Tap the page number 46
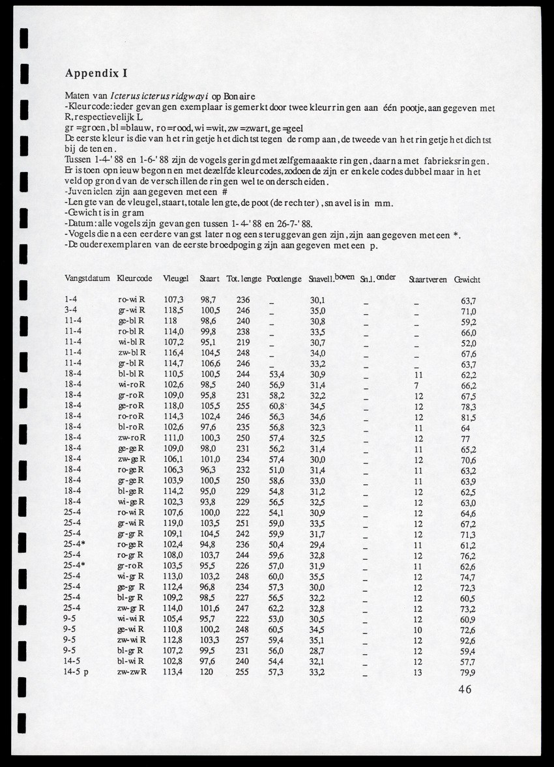click(465, 689)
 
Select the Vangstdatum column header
click(87, 279)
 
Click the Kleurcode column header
click(134, 279)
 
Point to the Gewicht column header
click(467, 280)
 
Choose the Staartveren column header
click(428, 280)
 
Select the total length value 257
click(243, 641)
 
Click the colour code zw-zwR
click(131, 673)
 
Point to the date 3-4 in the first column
click(72, 311)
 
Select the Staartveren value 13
click(418, 673)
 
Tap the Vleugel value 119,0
click(173, 523)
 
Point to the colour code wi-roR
click(131, 385)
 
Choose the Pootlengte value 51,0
click(276, 470)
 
